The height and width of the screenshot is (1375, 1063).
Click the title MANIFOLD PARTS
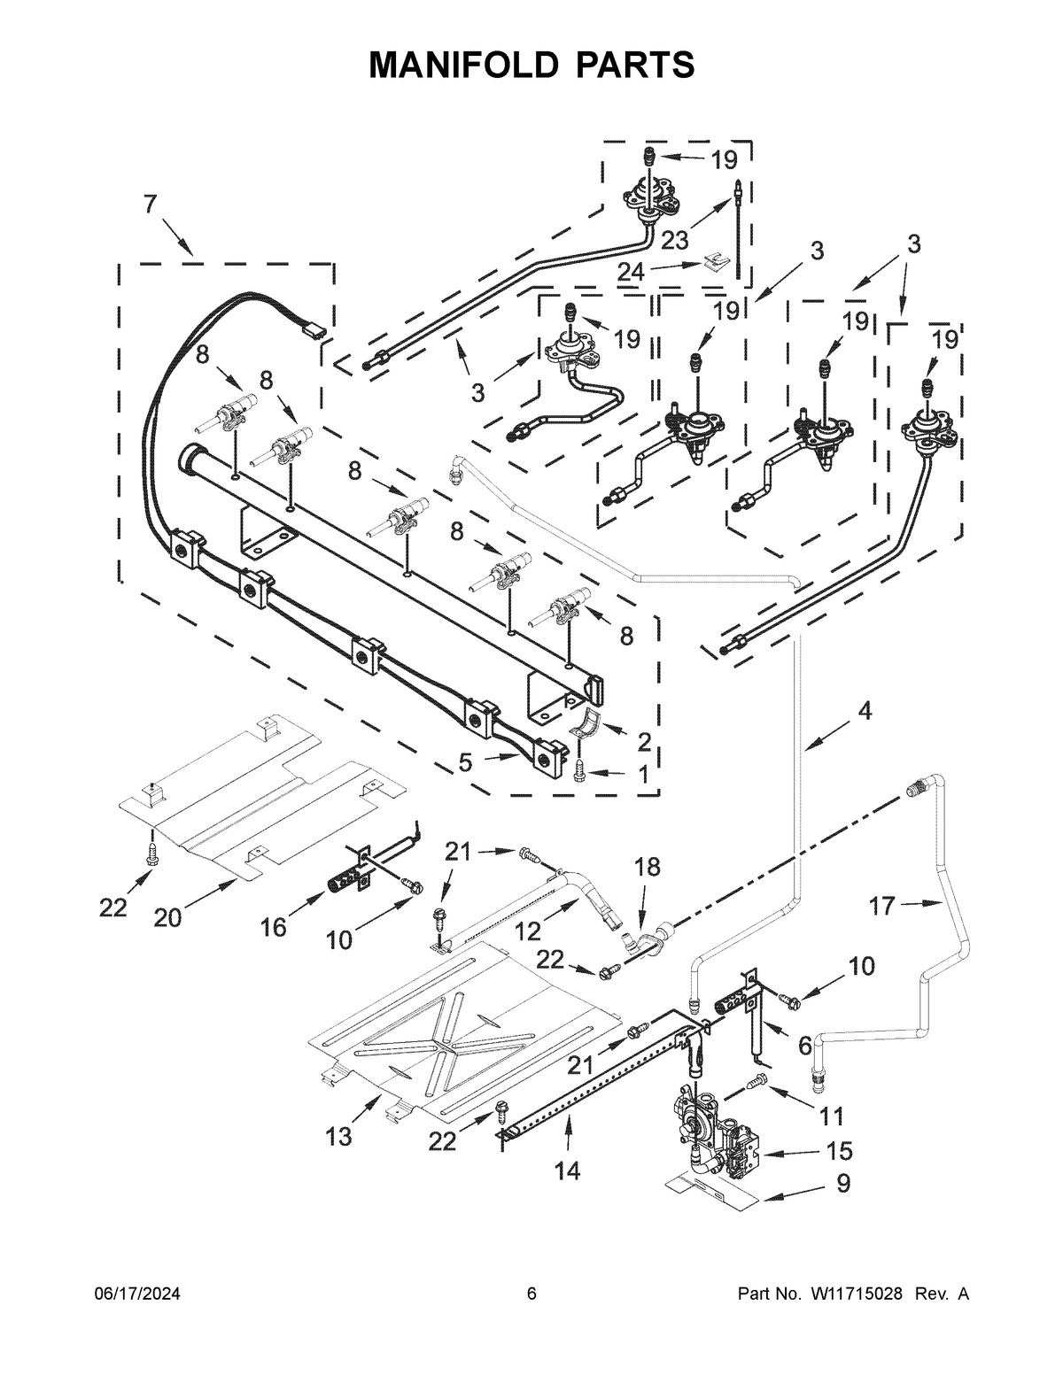point(531,65)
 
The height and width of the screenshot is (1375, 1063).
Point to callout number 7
point(150,204)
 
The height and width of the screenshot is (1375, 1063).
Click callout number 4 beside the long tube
point(864,710)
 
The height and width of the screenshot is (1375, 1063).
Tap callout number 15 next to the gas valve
point(838,1150)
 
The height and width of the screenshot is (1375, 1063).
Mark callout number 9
point(843,1183)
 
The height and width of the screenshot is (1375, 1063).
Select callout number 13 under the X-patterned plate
point(339,1136)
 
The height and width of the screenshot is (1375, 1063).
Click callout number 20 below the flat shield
point(167,918)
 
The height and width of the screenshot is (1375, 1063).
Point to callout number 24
point(631,272)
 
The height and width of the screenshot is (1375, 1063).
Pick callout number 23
point(674,240)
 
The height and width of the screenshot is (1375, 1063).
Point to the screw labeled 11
point(756,1081)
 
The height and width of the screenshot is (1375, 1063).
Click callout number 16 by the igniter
point(274,926)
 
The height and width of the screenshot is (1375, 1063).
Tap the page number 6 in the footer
point(531,1344)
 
